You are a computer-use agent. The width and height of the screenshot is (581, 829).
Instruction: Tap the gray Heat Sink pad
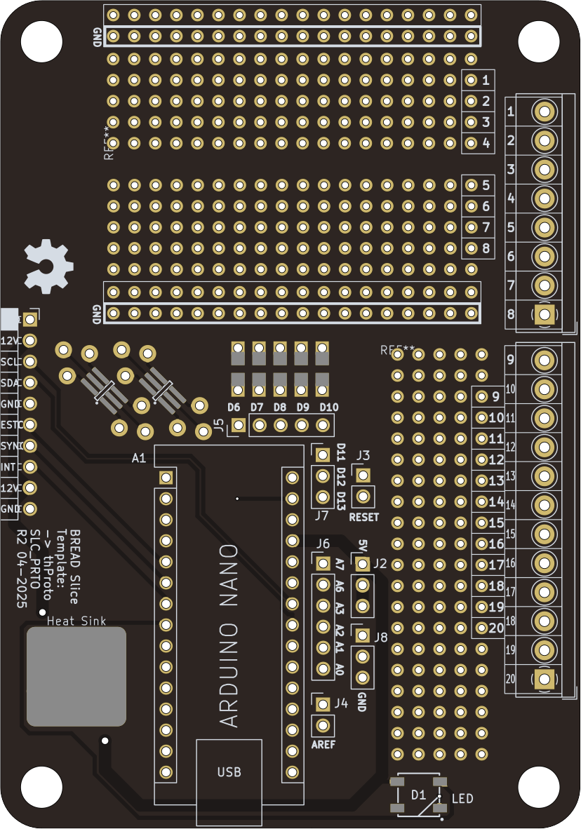(76, 676)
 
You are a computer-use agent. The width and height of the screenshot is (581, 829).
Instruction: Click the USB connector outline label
(229, 772)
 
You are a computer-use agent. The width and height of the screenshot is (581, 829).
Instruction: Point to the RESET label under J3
(363, 518)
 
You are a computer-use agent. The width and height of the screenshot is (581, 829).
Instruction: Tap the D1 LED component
(419, 796)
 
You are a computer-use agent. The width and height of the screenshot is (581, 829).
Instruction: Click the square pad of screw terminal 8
(545, 314)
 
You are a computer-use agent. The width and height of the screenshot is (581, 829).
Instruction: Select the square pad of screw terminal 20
(545, 678)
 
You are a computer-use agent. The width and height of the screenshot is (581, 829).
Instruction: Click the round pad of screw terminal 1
(545, 112)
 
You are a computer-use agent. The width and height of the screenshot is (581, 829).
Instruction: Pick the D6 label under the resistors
(234, 407)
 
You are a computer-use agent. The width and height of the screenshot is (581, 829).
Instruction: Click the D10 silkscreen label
(328, 407)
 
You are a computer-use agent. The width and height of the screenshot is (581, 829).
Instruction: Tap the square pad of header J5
(239, 425)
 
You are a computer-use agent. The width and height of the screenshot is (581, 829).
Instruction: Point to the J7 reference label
(321, 515)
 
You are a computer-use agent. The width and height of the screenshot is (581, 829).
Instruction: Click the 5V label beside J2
(363, 546)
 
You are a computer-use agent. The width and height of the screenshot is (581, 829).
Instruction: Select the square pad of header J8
(363, 636)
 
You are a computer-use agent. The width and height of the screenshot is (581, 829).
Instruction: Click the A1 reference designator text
(139, 459)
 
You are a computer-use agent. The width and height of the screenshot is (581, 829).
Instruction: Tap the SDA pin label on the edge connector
(10, 383)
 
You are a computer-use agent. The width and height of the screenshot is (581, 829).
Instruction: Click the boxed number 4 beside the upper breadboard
(485, 143)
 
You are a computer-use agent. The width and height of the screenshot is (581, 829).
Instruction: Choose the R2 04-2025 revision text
(22, 569)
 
